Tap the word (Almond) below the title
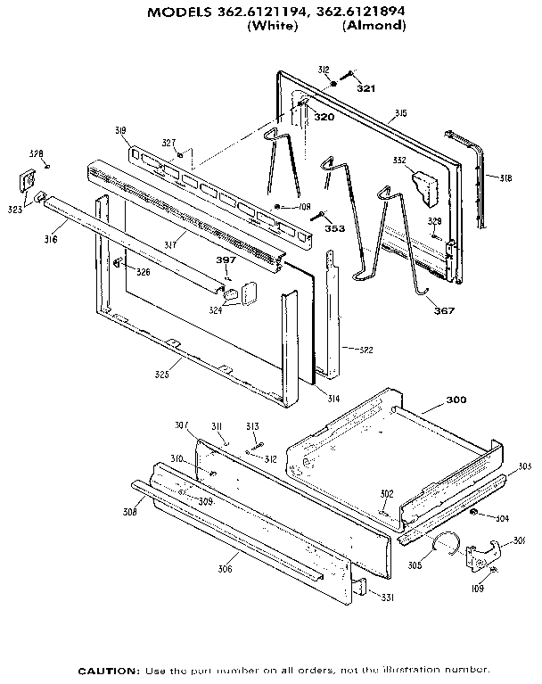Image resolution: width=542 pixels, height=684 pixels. click(374, 27)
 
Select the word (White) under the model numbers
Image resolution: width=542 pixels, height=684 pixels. click(271, 27)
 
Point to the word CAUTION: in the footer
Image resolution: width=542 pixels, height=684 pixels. click(109, 669)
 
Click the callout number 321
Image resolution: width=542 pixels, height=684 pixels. click(365, 87)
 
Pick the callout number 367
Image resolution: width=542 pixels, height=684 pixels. click(443, 310)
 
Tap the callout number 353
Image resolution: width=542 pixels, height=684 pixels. click(334, 229)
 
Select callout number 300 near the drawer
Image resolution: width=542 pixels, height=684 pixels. click(456, 400)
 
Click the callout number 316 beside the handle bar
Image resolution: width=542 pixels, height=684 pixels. click(50, 239)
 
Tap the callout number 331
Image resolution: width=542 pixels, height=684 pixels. click(382, 597)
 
